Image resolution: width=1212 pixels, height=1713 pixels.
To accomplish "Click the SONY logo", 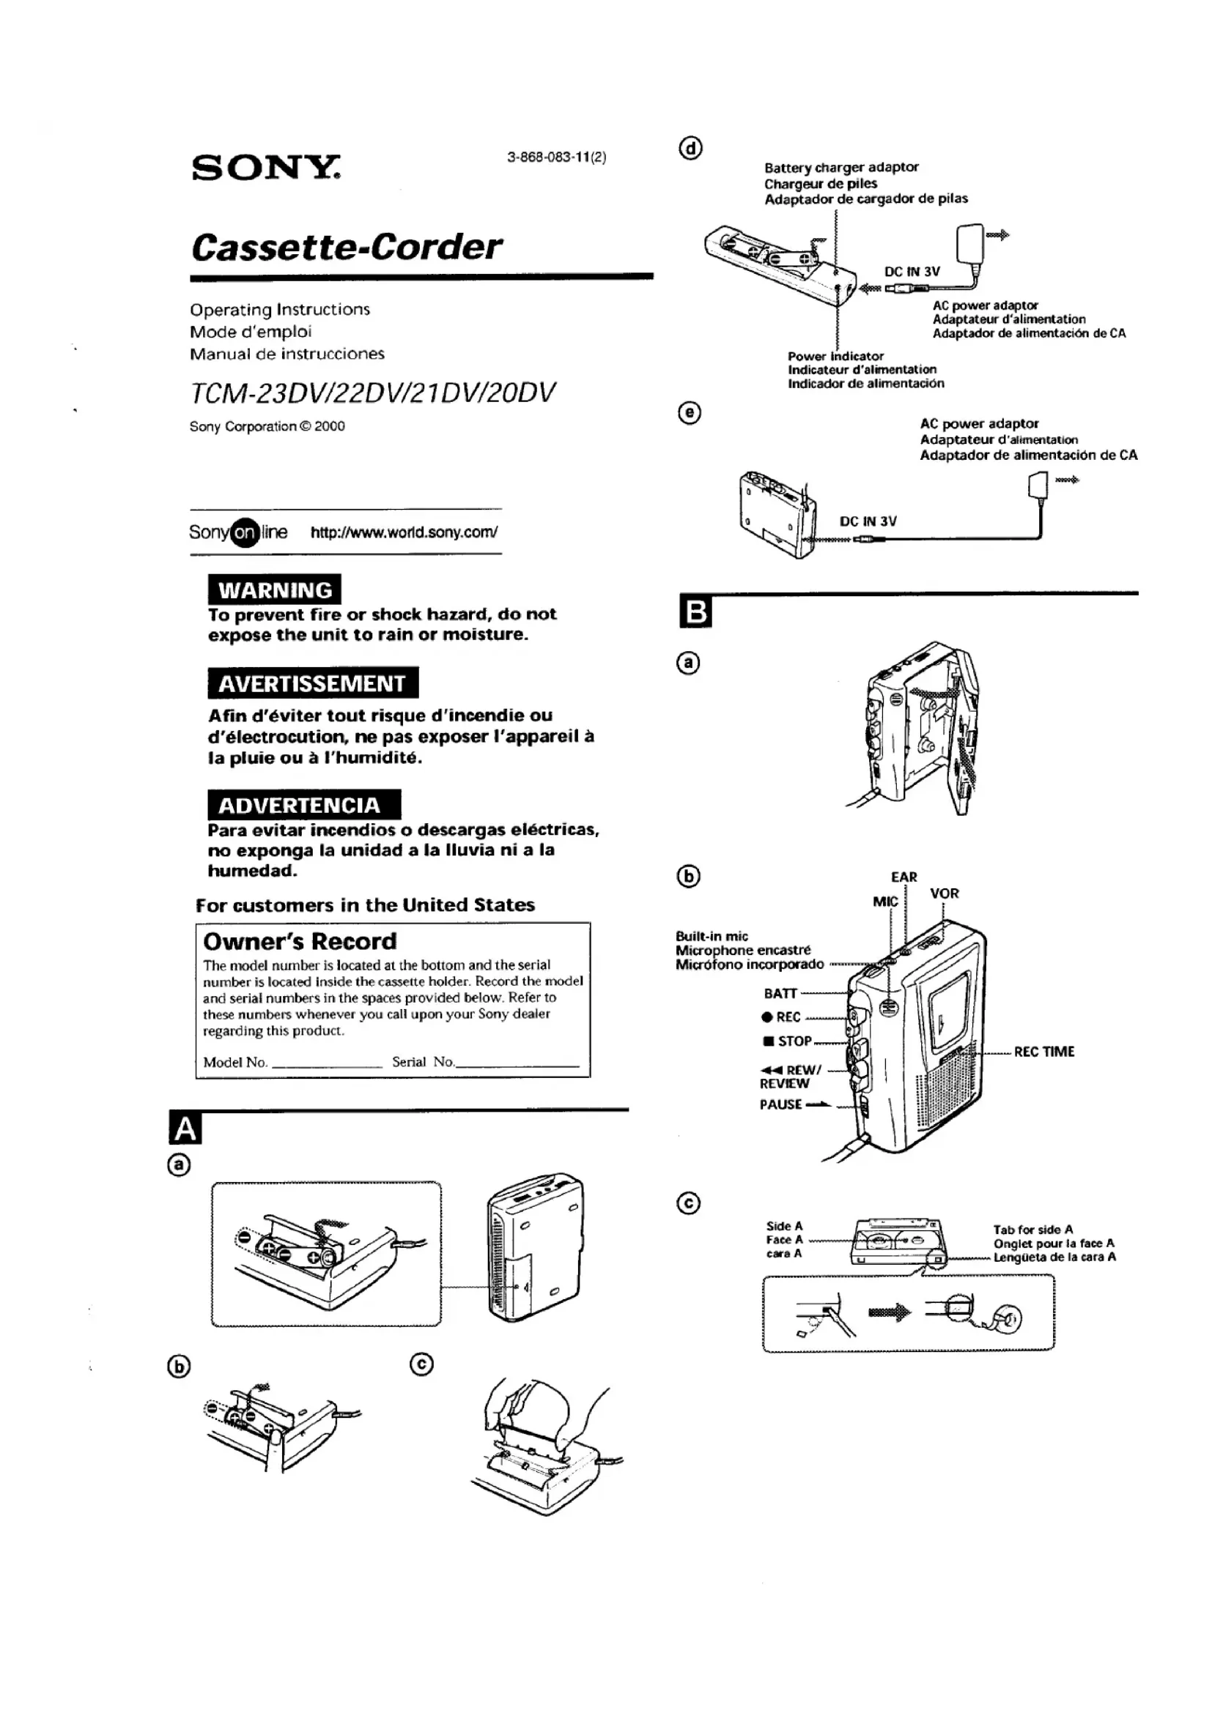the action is tap(266, 168).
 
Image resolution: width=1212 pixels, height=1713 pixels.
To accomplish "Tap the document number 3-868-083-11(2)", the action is tap(556, 157).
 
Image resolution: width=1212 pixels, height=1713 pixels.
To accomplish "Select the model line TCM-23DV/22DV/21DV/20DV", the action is tap(372, 393).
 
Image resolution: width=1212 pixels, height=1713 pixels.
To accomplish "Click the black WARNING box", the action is tap(274, 590).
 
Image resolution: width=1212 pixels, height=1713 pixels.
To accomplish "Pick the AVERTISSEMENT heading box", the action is tap(312, 683).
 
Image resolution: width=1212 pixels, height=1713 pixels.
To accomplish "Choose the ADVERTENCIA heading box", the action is tap(303, 805).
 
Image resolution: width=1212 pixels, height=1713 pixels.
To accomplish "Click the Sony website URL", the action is tap(404, 532).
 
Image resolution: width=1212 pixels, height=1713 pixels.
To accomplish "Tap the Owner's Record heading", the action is tap(300, 941).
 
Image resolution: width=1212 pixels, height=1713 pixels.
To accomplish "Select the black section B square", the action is tap(695, 612).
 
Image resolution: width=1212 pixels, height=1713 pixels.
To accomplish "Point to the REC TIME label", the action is tap(1043, 1052).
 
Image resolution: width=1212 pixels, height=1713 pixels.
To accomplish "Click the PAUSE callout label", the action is tap(781, 1104).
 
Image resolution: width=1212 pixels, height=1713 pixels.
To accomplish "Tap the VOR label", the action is tap(944, 893).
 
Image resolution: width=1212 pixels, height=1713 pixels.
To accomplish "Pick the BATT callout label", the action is tap(780, 993).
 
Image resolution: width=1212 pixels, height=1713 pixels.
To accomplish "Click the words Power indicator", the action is tap(835, 356).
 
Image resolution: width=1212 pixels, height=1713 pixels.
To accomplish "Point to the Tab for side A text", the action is tap(1033, 1229).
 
